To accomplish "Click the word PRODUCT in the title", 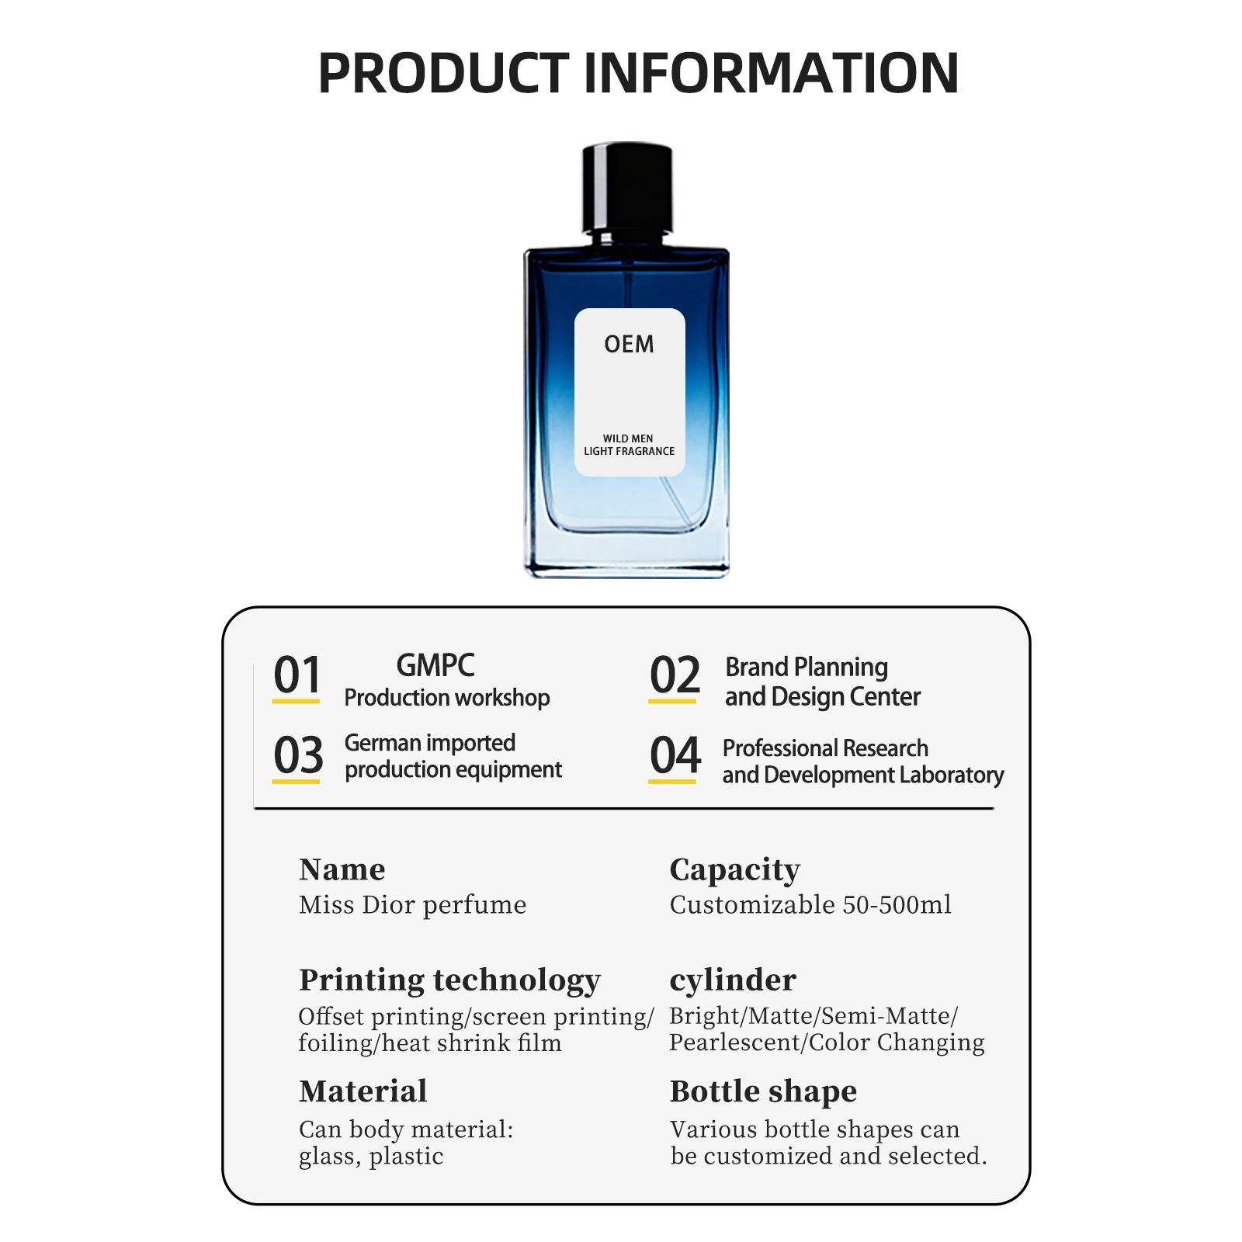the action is pyautogui.click(x=443, y=73).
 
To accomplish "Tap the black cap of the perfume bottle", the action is pyautogui.click(x=627, y=188).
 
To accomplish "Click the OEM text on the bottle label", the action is pyautogui.click(x=629, y=344).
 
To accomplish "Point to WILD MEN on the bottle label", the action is pyautogui.click(x=628, y=439).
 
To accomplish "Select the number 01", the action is pyautogui.click(x=297, y=675).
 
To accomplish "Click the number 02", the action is pyautogui.click(x=675, y=675).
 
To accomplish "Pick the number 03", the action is pyautogui.click(x=298, y=755).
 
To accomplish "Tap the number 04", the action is pyautogui.click(x=675, y=755).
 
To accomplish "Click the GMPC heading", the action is pyautogui.click(x=435, y=665).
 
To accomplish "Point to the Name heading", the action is pyautogui.click(x=342, y=869).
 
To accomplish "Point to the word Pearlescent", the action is pyautogui.click(x=734, y=1043).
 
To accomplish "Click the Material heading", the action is pyautogui.click(x=363, y=1091).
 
